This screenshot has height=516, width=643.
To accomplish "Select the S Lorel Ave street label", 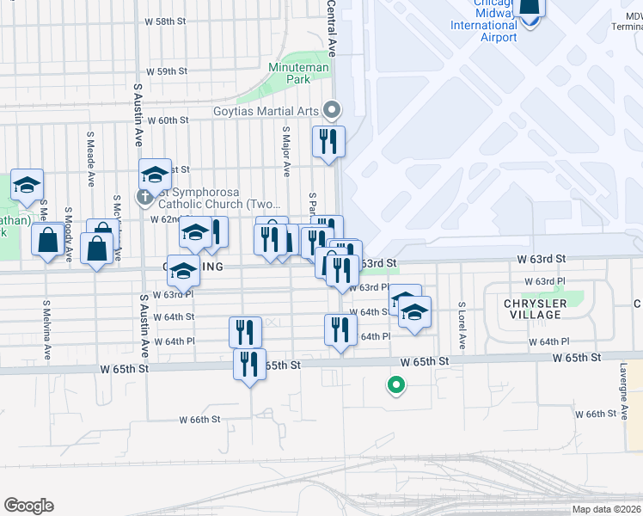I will [462, 325].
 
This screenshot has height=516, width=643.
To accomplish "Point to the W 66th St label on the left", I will [200, 420].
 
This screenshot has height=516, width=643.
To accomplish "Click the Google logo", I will [28, 505].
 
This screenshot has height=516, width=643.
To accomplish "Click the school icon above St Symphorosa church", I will [155, 175].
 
